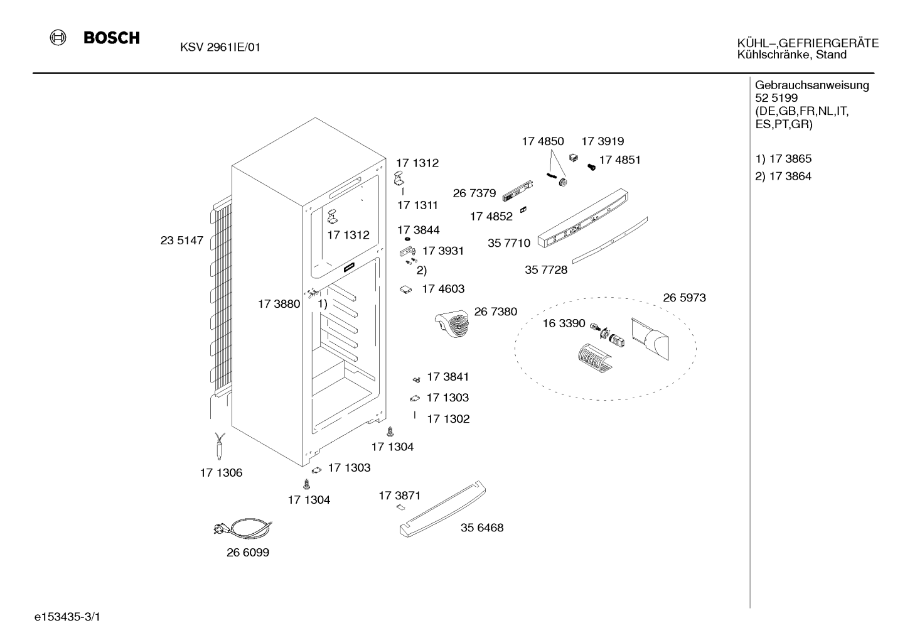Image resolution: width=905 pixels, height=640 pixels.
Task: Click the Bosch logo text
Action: [112, 38]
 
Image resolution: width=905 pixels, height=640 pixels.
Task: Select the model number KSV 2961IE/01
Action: [220, 47]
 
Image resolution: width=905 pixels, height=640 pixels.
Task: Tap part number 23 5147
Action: [182, 240]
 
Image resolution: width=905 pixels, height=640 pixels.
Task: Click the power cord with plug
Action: [243, 528]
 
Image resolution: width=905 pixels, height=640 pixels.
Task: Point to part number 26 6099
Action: [248, 552]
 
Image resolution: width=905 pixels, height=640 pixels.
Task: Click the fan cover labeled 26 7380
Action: [452, 323]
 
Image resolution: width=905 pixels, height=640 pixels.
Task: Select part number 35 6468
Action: [482, 528]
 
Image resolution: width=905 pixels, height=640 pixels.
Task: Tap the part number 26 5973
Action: [685, 298]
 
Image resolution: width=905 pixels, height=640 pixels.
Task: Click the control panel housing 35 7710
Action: [583, 218]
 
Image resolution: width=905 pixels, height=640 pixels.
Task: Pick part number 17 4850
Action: [543, 141]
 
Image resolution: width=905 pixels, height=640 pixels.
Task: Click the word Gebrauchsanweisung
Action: [811, 85]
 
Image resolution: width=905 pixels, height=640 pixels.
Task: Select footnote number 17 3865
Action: [790, 158]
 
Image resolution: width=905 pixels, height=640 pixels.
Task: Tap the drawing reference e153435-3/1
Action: [67, 617]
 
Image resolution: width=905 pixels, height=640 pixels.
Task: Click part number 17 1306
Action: [221, 473]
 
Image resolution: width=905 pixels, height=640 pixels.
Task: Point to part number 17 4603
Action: [443, 289]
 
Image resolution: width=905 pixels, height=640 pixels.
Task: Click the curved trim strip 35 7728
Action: [610, 240]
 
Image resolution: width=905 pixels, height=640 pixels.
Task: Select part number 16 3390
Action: [564, 323]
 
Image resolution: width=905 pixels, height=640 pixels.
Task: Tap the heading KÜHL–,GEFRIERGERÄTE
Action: [808, 43]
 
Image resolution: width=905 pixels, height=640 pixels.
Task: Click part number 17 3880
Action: [279, 304]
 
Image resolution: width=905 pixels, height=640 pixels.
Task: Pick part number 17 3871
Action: [400, 496]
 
